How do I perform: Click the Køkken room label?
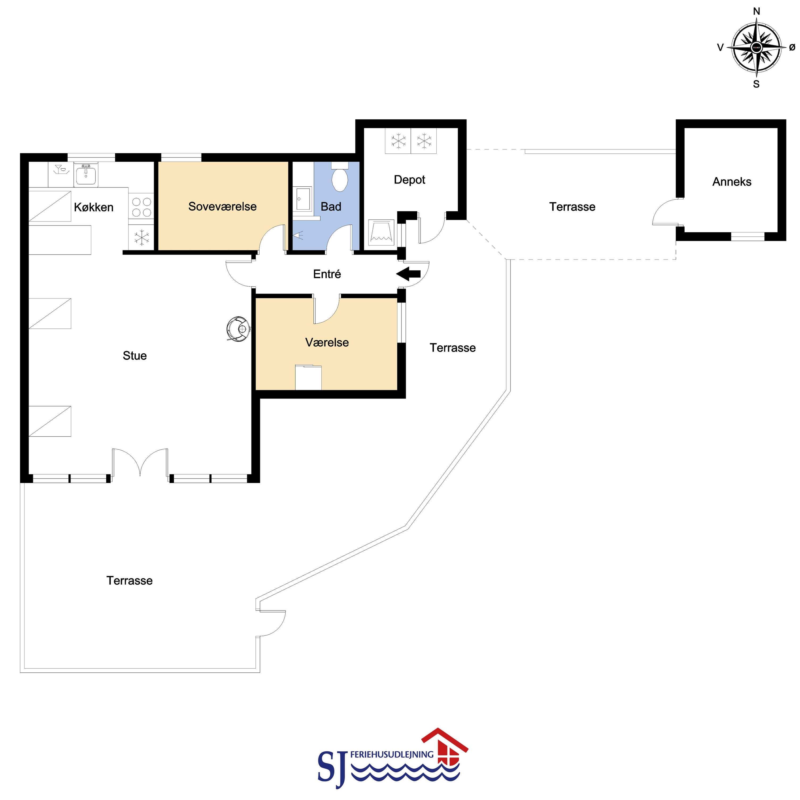94,207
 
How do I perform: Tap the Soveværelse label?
222,206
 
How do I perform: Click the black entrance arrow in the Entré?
408,274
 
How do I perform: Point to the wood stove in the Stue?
238,329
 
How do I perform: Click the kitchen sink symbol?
86,174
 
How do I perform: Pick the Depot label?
409,180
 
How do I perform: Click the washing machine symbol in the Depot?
381,232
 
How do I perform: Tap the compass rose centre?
756,48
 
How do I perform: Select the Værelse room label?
327,342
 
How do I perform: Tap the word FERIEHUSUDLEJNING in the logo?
392,755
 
